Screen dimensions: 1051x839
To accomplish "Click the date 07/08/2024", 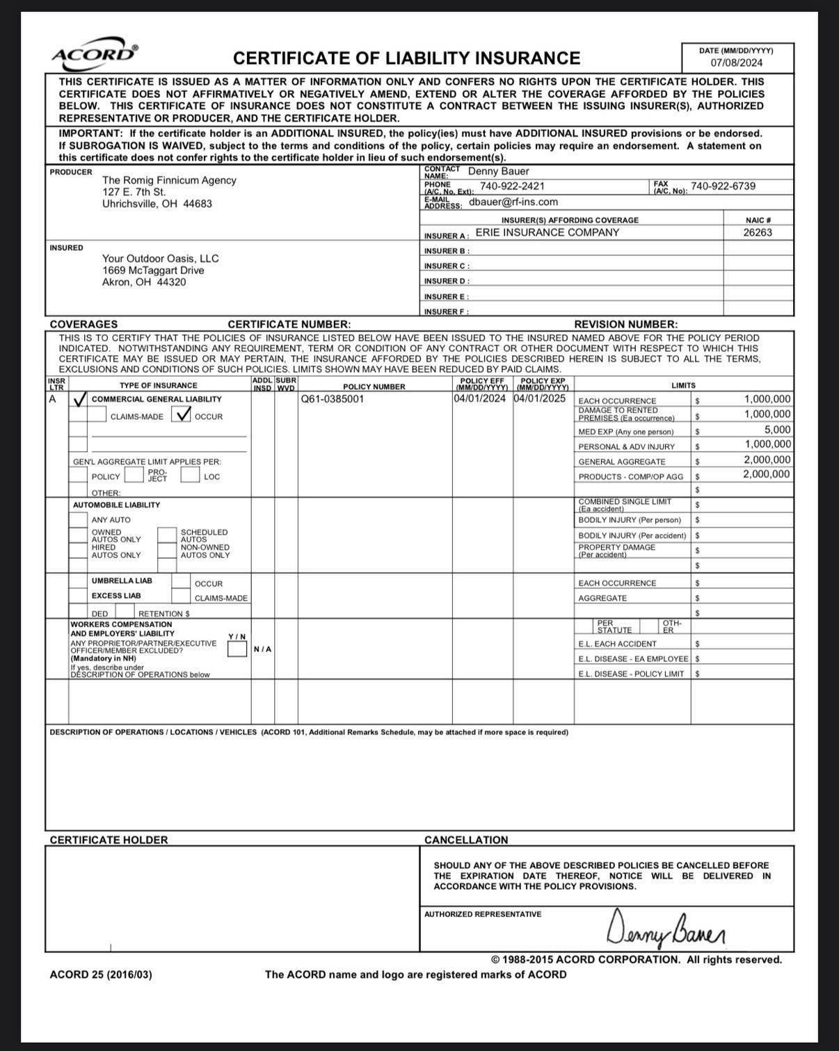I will coord(736,63).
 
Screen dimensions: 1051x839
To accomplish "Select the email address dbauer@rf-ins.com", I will coord(513,202).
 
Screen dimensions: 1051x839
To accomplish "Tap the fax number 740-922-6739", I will coord(723,186).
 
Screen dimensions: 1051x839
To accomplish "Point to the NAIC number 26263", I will coord(757,233).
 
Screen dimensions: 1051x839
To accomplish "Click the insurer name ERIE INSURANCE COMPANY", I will coord(547,233).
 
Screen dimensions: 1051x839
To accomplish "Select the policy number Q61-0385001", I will coord(332,399).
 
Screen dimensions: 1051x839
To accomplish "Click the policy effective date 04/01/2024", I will coord(480,399).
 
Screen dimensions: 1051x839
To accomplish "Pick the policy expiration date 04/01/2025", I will coord(540,399).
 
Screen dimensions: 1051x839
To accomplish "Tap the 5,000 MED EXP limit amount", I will coord(777,430).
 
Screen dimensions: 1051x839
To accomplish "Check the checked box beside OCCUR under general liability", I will coord(183,415).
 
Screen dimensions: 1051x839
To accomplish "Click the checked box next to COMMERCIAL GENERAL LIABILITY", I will coord(79,399).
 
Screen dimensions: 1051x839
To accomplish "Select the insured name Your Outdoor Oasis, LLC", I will coord(160,259).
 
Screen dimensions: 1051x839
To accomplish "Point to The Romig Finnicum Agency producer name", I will coord(169,180).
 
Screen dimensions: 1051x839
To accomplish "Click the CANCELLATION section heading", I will coord(466,840).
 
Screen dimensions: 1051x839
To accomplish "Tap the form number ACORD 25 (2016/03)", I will coord(101,975).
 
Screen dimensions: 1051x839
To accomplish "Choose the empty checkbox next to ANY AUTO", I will coord(78,519).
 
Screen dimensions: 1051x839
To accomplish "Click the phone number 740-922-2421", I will coord(512,186).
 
